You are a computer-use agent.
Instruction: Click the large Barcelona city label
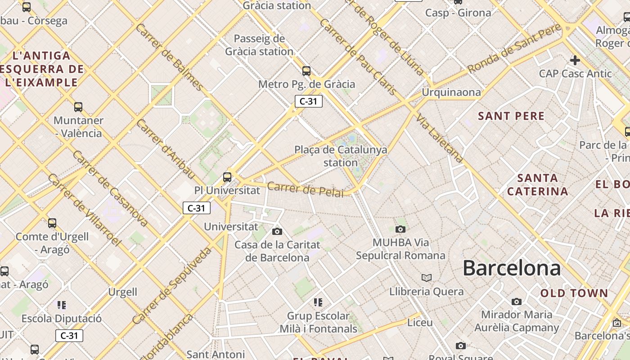(x=512, y=268)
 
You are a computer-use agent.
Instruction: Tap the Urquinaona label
(x=451, y=92)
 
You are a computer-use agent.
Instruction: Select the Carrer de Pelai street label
(x=305, y=189)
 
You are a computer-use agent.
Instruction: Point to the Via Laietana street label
(x=439, y=138)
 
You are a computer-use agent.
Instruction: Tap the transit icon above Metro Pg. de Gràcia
(x=306, y=71)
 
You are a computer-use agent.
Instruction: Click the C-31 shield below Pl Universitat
(x=197, y=208)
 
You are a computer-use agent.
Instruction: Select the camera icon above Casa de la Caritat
(x=277, y=231)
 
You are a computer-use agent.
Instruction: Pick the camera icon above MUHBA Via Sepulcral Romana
(x=400, y=229)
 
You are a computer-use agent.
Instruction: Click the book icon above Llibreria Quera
(x=426, y=278)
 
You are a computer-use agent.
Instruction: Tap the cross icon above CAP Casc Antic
(x=575, y=60)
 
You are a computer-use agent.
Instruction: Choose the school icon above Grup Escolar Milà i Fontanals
(x=318, y=302)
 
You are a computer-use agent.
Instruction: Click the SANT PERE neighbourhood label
(x=511, y=116)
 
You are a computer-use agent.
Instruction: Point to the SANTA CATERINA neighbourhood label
(x=538, y=184)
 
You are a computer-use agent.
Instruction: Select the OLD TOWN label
(x=574, y=293)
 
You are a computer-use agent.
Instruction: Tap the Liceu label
(x=420, y=323)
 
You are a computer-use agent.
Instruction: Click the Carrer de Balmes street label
(x=170, y=56)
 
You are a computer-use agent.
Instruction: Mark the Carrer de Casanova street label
(x=110, y=189)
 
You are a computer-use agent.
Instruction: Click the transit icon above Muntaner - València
(x=78, y=107)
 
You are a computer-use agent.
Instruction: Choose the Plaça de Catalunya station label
(x=341, y=156)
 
